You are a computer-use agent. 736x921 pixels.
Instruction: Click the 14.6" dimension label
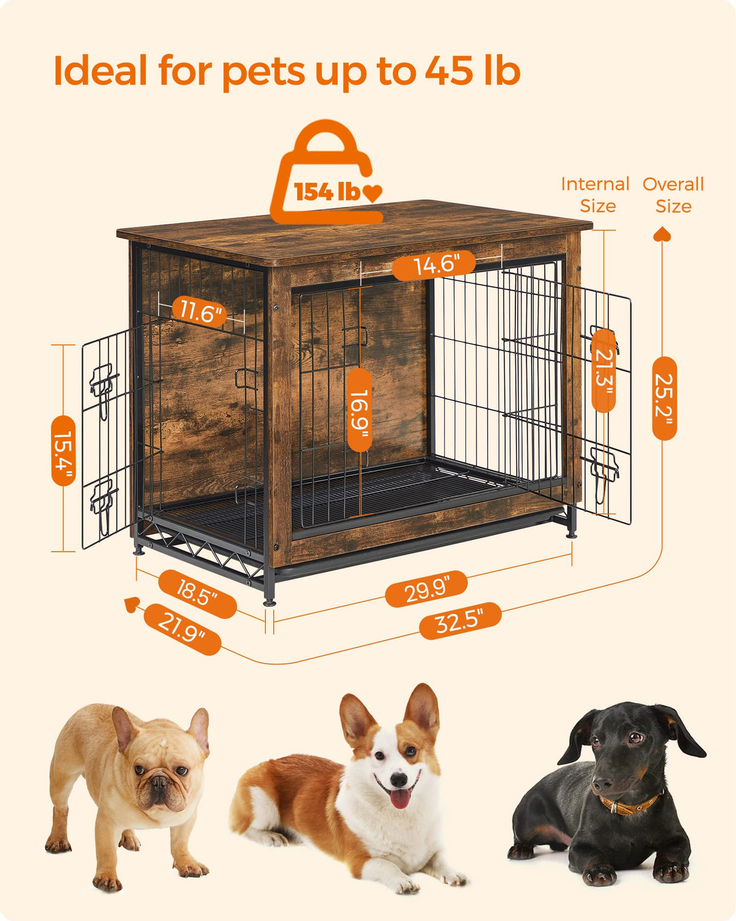pos(434,265)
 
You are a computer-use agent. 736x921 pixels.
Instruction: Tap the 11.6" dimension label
pos(200,312)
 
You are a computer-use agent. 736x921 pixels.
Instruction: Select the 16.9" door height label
pos(360,410)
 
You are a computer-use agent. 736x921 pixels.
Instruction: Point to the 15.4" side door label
pos(64,450)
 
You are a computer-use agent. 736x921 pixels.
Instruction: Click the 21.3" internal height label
pos(603,370)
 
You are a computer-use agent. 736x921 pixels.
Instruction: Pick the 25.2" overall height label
pos(664,398)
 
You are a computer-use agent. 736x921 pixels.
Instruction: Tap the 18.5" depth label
pos(197,593)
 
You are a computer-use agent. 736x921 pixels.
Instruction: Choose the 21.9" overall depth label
pos(182,629)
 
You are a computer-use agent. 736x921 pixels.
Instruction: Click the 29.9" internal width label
pos(426,589)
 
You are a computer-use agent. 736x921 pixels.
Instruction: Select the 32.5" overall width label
pos(460,621)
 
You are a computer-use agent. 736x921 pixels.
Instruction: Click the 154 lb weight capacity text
pos(327,192)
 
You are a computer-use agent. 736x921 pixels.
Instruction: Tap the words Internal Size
pos(595,195)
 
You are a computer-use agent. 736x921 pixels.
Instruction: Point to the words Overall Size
pos(673,195)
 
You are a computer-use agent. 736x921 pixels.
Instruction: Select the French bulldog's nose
pos(159,782)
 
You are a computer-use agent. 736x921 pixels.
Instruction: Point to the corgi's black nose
pos(398,778)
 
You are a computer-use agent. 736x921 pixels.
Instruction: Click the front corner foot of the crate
pos(269,602)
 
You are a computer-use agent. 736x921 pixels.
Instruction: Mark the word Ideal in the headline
pos(100,71)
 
